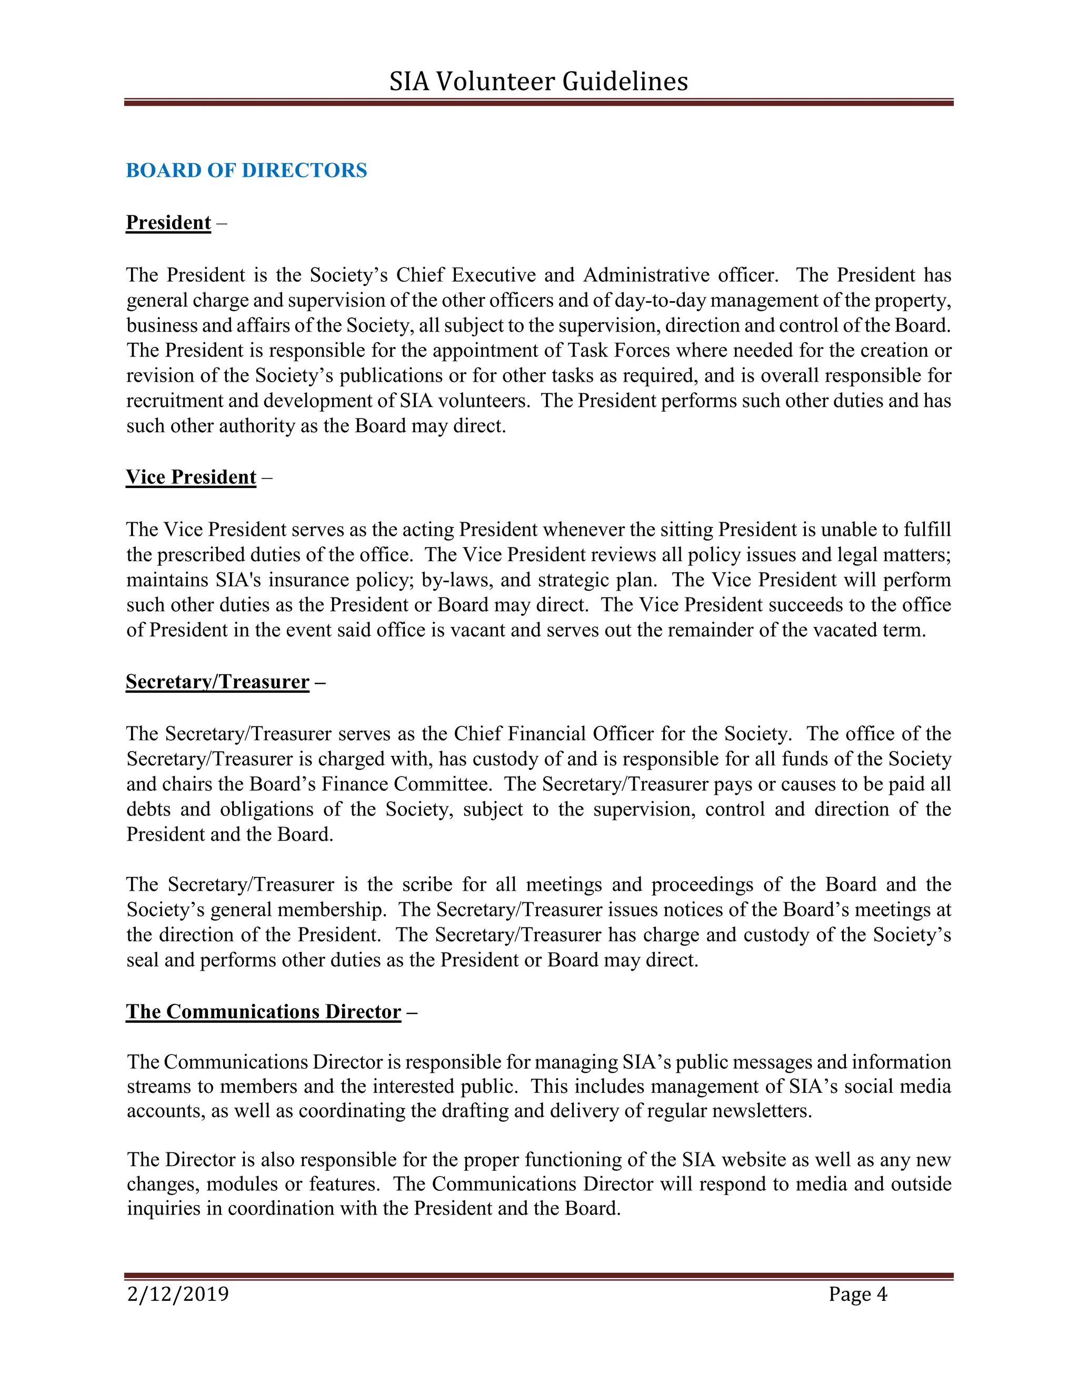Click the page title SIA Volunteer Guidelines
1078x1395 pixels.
click(538, 82)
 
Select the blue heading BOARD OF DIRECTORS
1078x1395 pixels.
click(246, 171)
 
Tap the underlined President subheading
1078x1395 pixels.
click(168, 222)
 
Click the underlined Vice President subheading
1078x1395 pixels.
click(191, 477)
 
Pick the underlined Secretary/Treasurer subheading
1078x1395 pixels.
click(217, 682)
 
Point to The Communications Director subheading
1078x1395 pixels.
click(263, 1012)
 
